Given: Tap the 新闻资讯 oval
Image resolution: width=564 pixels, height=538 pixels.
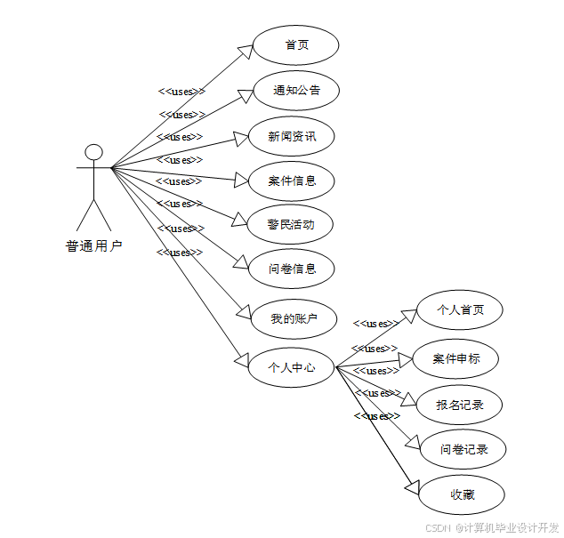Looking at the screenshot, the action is click(x=291, y=137).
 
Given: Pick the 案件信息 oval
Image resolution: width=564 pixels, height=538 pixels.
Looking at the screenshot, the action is click(x=291, y=181).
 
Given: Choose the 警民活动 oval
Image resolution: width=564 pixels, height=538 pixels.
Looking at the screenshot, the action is click(x=291, y=224).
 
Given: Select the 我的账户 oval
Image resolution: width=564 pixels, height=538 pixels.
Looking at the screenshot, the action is click(x=293, y=317).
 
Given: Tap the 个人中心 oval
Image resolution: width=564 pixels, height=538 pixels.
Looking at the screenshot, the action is click(x=292, y=365).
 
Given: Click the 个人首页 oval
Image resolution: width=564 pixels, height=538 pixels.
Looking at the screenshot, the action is click(x=460, y=310).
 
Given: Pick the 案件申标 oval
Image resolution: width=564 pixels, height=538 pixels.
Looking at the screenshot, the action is click(x=456, y=359).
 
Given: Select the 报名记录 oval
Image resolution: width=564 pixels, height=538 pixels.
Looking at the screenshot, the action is click(x=460, y=406).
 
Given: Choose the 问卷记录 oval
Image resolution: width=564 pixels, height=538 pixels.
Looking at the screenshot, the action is click(x=464, y=449).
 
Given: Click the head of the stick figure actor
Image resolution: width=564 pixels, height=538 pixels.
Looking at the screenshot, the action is click(x=93, y=152).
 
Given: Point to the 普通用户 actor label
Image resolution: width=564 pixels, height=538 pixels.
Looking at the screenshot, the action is click(x=93, y=246).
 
